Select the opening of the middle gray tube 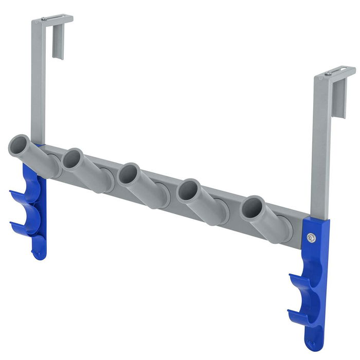point(128,174)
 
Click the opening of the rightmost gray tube point(253,208)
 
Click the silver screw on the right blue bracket point(311,238)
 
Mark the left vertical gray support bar point(38,82)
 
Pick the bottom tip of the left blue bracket point(39,254)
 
